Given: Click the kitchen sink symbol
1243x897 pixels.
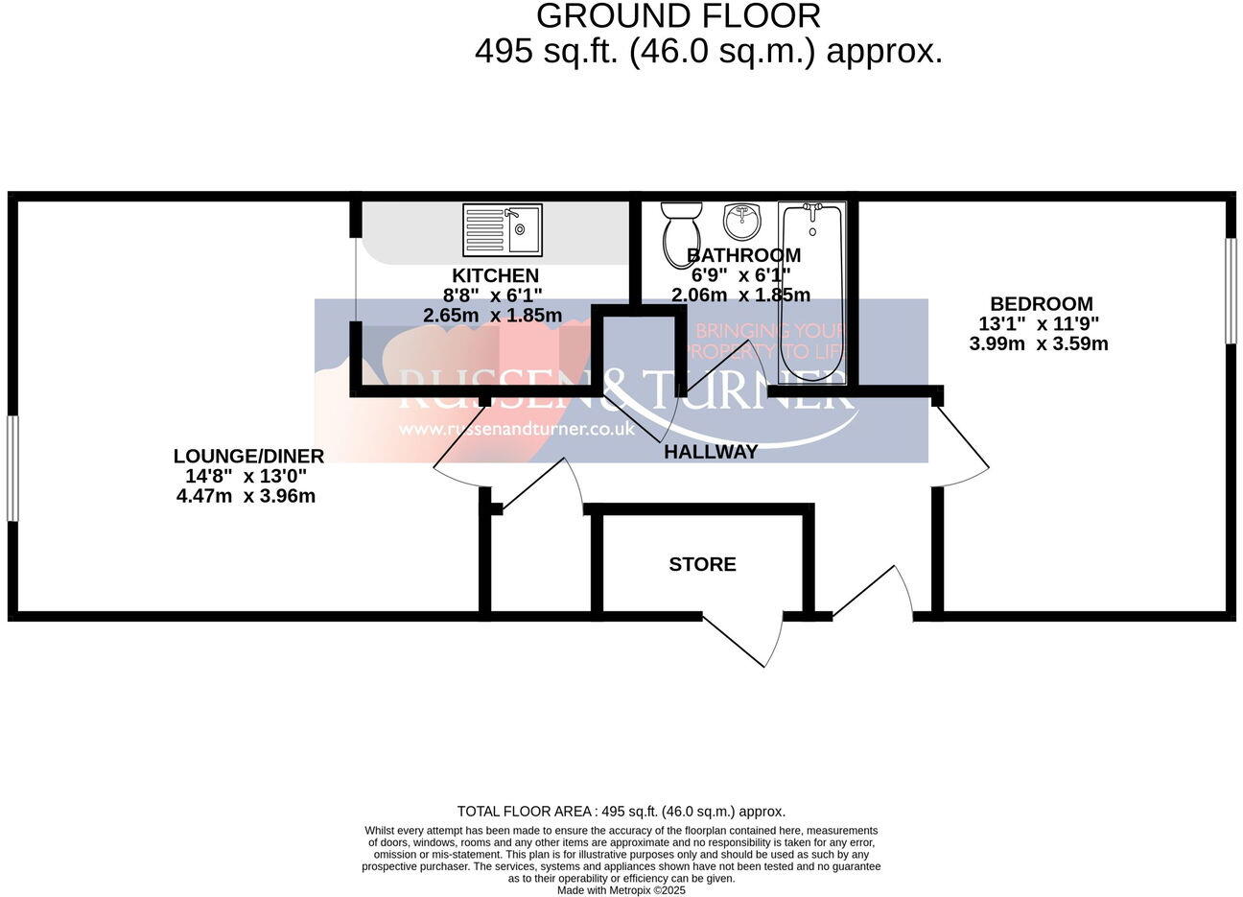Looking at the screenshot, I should (x=503, y=229).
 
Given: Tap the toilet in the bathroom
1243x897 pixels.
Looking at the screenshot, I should (x=682, y=230).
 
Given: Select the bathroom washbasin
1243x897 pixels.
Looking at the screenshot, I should (x=740, y=222).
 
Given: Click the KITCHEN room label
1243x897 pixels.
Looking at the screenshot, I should (x=495, y=276).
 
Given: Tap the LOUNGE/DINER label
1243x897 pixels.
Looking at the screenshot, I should (x=248, y=457).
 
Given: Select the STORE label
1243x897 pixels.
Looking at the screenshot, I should (x=702, y=565).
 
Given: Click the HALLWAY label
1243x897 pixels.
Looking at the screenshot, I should (x=711, y=452).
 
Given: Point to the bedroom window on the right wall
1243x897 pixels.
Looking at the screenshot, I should (x=1231, y=290).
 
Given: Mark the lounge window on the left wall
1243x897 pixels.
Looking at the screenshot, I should (x=12, y=468).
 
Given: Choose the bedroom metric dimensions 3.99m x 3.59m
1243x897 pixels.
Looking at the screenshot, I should (x=1039, y=344).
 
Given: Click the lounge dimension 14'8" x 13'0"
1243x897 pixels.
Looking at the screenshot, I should (x=246, y=477).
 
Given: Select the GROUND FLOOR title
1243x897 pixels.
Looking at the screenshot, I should (x=678, y=16).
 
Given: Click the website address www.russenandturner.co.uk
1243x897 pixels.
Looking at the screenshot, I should (x=517, y=430).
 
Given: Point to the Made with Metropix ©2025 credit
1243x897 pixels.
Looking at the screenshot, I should (x=621, y=890).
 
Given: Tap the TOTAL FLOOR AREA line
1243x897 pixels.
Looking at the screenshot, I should (x=621, y=812).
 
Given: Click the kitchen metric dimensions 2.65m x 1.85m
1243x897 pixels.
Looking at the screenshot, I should (x=492, y=315).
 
